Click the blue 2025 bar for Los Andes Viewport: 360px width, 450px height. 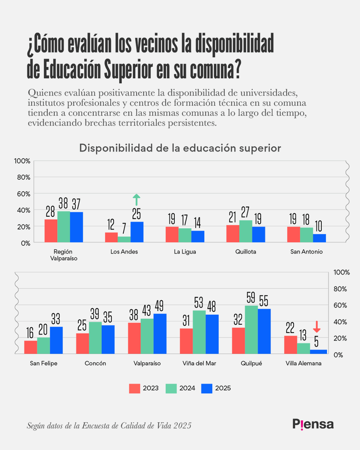click(x=137, y=232)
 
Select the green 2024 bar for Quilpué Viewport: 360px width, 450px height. click(x=251, y=330)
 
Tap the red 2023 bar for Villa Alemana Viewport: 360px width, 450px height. click(x=291, y=345)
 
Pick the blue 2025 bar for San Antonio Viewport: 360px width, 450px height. click(x=319, y=238)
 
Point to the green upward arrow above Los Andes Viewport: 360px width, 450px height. click(x=136, y=200)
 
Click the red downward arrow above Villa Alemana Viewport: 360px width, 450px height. click(x=317, y=327)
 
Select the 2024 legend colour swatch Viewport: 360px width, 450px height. click(x=171, y=388)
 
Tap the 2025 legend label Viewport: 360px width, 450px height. click(x=223, y=388)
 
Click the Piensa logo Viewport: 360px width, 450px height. click(x=313, y=424)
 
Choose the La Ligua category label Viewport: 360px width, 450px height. click(x=185, y=252)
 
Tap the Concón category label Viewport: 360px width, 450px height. click(x=95, y=363)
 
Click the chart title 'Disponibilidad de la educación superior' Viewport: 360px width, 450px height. click(x=180, y=148)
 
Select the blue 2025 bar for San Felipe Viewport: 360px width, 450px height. click(x=56, y=340)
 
